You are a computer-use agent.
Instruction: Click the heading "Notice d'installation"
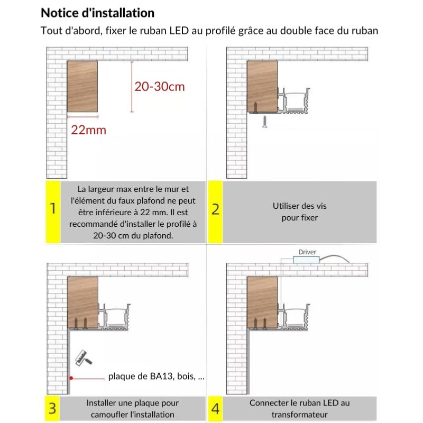tap(98, 13)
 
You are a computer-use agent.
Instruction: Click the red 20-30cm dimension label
tap(160, 87)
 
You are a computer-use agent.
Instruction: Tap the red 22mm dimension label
tap(89, 130)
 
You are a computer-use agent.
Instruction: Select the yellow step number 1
tap(52, 209)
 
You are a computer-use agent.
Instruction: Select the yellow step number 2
tap(215, 209)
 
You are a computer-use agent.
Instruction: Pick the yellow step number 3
tap(52, 408)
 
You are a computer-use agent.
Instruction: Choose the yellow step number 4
tap(215, 408)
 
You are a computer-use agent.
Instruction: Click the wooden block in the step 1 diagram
tap(82, 86)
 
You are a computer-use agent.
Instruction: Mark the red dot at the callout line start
tap(70, 378)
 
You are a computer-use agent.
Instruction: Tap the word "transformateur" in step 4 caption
tap(299, 415)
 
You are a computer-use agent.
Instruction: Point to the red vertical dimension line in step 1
tap(132, 86)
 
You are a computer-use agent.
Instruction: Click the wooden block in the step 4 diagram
tap(262, 302)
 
